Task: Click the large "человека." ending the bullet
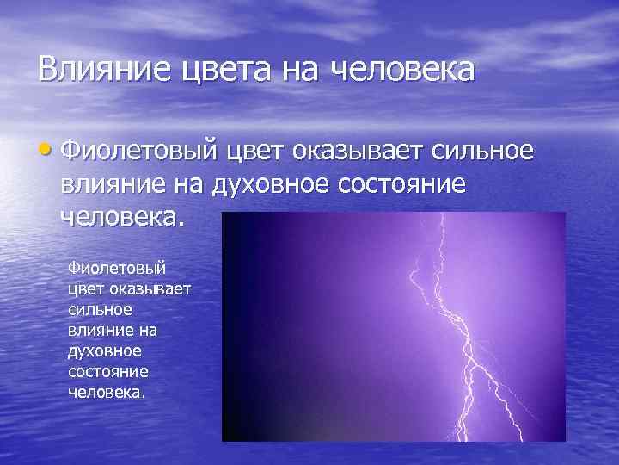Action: [x=123, y=214]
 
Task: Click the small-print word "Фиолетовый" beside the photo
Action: [x=110, y=270]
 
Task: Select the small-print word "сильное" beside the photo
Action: [x=95, y=307]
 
